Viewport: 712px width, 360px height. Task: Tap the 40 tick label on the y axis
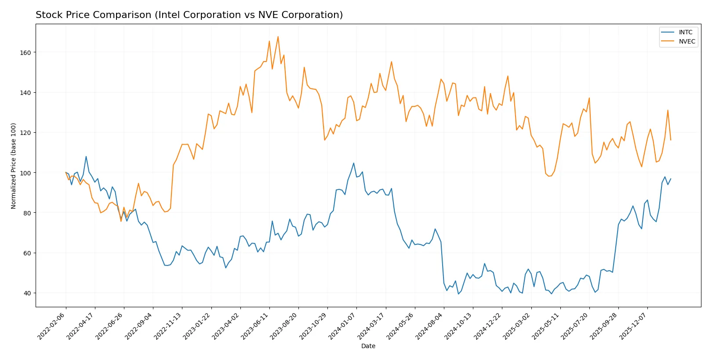point(27,293)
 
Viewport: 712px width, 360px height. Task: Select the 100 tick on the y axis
point(25,173)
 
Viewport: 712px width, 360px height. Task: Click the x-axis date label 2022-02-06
point(52,326)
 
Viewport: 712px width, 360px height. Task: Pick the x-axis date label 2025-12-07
point(633,326)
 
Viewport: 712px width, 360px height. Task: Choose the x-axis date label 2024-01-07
point(342,326)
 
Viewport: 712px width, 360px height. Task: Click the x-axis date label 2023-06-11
point(255,326)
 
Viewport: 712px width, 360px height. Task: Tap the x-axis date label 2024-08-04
point(430,326)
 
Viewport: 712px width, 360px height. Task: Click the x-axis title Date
point(368,346)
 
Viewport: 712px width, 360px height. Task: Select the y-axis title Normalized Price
point(14,166)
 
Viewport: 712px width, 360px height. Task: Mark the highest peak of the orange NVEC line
point(278,36)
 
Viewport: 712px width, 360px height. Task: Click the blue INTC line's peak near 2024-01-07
point(353,163)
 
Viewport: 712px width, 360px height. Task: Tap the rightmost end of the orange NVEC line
point(671,140)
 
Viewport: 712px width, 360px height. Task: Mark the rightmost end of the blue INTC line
point(671,179)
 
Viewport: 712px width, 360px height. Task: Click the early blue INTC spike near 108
point(86,156)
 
